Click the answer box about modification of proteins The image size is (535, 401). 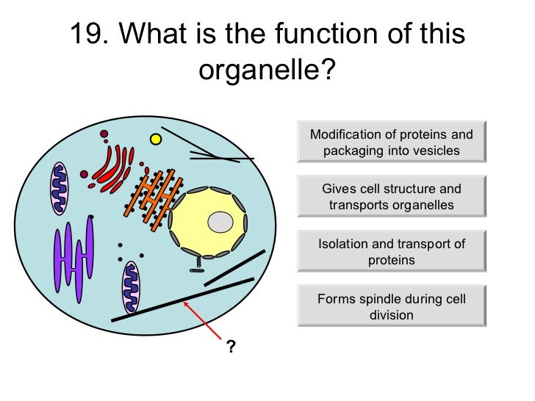coord(391,142)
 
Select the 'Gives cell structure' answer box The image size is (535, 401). coord(391,197)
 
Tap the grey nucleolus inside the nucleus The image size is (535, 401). coord(219,221)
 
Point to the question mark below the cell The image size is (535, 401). coord(231,347)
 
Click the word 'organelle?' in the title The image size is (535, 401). coord(267,71)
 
